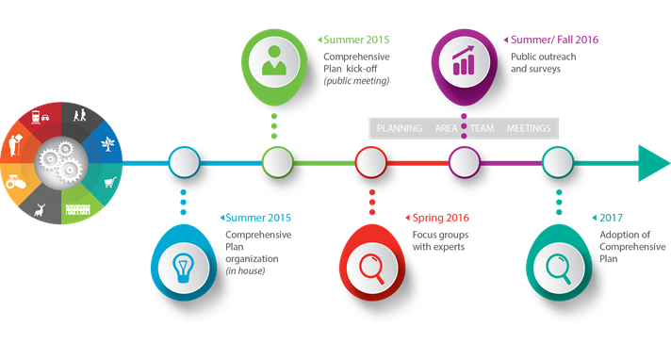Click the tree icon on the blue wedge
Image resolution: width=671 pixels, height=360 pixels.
click(109, 142)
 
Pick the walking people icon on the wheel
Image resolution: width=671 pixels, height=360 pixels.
click(82, 117)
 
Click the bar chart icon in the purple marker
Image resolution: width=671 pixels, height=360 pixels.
click(464, 61)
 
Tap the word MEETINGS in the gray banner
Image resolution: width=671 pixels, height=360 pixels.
click(530, 128)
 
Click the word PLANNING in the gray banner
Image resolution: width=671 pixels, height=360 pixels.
click(399, 128)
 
